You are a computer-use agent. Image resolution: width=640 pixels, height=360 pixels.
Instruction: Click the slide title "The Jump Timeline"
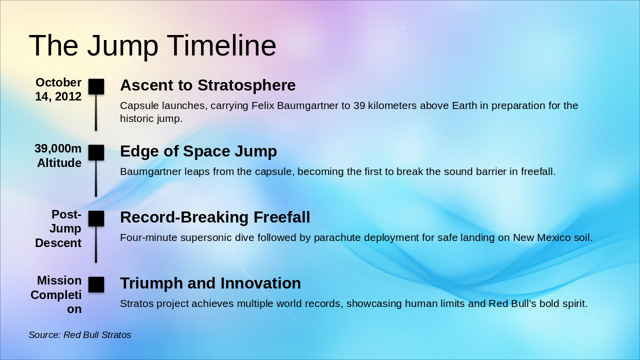pos(152,45)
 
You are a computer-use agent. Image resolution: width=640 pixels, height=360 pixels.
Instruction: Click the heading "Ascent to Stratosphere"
pos(207,85)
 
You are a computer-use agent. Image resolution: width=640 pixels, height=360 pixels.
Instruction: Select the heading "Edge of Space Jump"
pos(198,151)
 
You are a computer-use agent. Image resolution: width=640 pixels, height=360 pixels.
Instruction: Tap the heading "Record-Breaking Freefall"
pos(215,217)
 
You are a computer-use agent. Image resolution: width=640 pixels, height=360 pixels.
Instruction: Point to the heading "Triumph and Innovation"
pos(210,283)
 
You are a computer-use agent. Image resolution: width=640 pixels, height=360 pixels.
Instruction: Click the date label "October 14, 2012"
pos(58,89)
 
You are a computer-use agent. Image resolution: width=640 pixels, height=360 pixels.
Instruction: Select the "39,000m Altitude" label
pos(58,155)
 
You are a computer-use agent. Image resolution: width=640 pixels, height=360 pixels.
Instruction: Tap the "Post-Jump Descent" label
pos(58,228)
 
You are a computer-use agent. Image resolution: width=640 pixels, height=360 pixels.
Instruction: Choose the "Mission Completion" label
pos(56,294)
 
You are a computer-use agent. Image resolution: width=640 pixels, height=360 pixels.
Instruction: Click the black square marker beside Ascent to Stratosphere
pos(96,86)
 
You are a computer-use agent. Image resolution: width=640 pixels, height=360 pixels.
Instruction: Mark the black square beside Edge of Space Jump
pos(96,152)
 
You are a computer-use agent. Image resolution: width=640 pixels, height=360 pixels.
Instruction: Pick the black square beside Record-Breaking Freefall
pos(96,218)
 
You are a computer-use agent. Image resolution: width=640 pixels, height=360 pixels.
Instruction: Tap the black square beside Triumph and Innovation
pos(96,284)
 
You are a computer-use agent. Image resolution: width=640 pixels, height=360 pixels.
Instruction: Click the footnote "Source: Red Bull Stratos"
pos(79,335)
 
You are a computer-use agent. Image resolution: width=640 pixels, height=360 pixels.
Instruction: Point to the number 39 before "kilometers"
pos(359,105)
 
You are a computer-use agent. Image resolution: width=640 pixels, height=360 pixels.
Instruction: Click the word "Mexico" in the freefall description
pos(553,237)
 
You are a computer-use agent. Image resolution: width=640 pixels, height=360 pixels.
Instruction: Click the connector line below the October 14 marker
pos(96,112)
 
